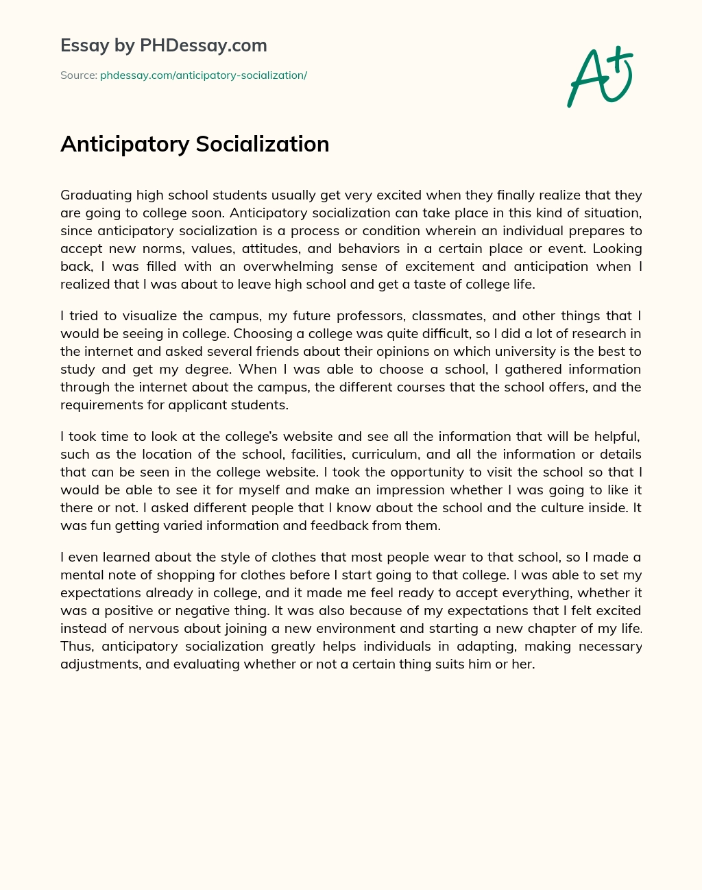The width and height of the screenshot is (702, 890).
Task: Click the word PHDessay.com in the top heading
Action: point(203,46)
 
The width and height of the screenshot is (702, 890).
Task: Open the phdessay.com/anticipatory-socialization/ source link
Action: point(203,75)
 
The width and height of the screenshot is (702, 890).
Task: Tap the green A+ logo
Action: point(600,77)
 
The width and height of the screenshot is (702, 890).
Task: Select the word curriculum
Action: point(385,454)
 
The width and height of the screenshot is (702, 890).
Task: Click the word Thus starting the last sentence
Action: point(76,646)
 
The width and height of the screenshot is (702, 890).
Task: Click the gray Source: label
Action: point(78,75)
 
